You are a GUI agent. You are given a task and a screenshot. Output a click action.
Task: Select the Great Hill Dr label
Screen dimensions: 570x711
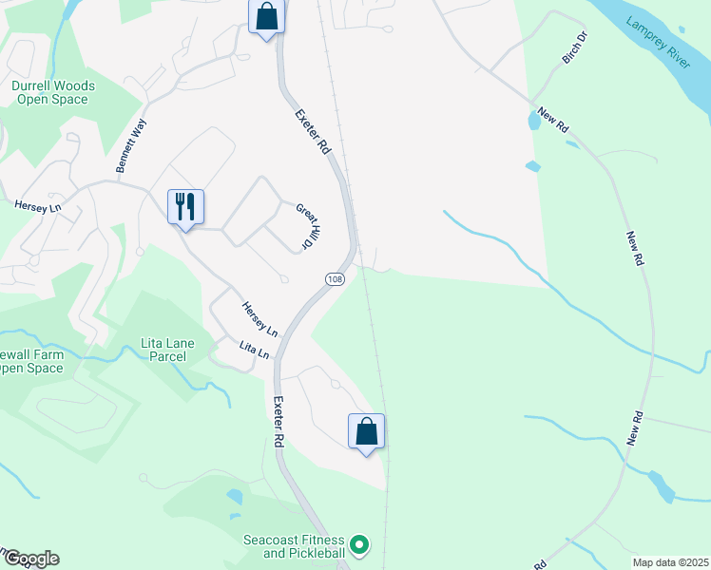pyautogui.click(x=305, y=226)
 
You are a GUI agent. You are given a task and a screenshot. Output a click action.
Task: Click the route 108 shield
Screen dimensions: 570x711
pyautogui.click(x=334, y=278)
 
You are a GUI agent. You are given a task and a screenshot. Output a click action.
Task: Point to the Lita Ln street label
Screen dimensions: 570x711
pyautogui.click(x=254, y=350)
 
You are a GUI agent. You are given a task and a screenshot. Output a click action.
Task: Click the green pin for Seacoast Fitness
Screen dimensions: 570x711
pyautogui.click(x=358, y=545)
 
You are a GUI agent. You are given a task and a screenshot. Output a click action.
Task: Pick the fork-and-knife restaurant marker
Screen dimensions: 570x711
pyautogui.click(x=185, y=205)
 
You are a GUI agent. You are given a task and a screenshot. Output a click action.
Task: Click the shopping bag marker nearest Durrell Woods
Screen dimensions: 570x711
pyautogui.click(x=266, y=15)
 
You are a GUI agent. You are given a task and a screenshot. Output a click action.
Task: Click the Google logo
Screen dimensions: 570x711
pyautogui.click(x=30, y=559)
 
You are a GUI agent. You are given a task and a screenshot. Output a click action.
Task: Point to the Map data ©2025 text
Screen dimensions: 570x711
pyautogui.click(x=670, y=562)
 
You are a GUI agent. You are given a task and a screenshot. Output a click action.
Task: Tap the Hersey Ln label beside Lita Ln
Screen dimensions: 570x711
pyautogui.click(x=259, y=319)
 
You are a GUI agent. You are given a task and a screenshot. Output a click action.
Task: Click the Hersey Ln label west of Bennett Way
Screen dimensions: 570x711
pyautogui.click(x=37, y=205)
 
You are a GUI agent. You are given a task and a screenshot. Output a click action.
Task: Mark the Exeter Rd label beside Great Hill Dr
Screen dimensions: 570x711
pyautogui.click(x=312, y=132)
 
